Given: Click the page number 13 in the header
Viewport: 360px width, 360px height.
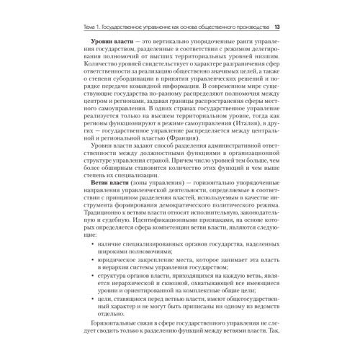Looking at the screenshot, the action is [277, 27].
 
